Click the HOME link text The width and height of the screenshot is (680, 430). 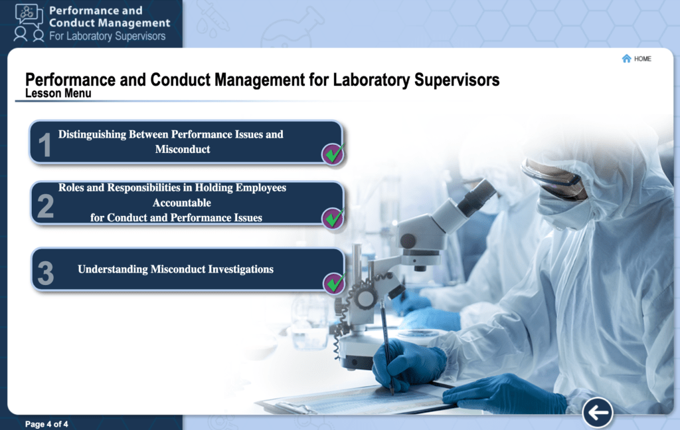[642, 59]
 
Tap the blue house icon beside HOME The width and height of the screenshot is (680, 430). [626, 58]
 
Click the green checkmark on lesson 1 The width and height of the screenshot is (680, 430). [333, 154]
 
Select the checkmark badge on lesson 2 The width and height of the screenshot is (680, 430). [333, 218]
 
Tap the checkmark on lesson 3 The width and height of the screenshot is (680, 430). [335, 283]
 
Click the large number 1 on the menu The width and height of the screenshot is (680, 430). [44, 144]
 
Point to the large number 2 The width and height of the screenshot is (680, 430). [46, 206]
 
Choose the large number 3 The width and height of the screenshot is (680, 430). [46, 273]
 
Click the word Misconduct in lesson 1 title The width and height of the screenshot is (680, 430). [183, 150]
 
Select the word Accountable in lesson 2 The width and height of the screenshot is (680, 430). [182, 203]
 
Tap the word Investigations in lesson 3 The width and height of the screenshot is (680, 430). [240, 269]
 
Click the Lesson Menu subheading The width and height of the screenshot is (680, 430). [58, 93]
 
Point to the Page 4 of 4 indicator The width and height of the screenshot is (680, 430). [46, 424]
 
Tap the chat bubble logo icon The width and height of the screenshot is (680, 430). [29, 15]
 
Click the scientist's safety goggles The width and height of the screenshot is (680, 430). [554, 179]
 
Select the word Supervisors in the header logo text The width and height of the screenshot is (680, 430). [137, 36]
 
